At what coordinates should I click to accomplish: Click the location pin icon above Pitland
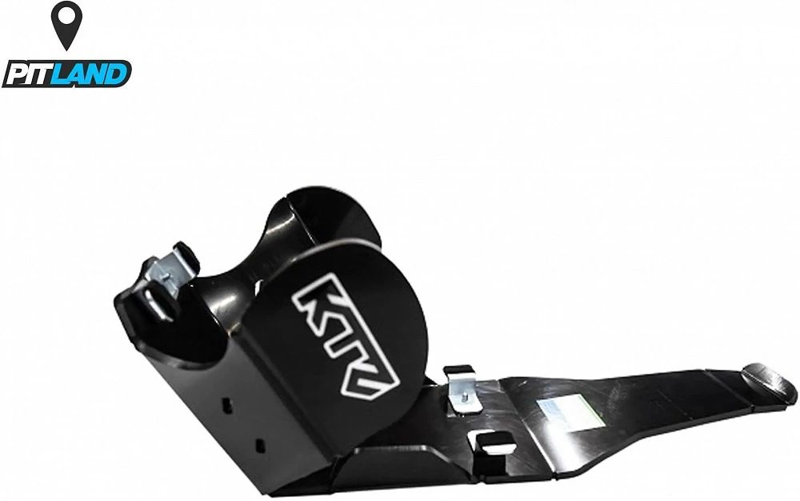[x=66, y=26]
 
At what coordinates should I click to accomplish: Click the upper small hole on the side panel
[x=227, y=406]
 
